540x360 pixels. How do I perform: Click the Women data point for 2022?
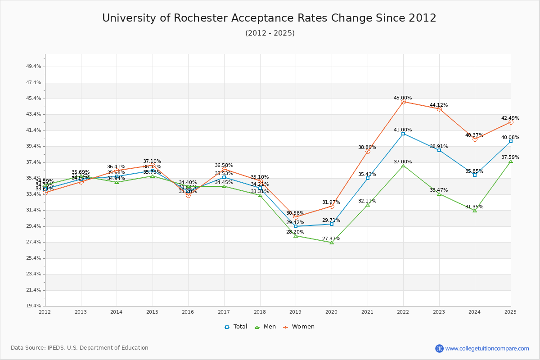pos(403,102)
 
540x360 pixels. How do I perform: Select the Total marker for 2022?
pos(403,134)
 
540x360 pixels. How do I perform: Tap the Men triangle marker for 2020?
pos(332,243)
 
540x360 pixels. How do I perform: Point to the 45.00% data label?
pos(403,98)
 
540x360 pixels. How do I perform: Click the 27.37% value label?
pos(331,238)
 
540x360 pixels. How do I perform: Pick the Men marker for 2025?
pos(511,161)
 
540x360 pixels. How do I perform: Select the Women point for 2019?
pos(296,217)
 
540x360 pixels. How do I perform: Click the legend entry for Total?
pos(236,327)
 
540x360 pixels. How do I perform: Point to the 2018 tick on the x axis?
pos(260,311)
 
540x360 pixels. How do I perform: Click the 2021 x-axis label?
pos(367,311)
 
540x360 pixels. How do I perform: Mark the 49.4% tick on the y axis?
pos(34,66)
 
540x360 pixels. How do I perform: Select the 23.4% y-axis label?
pos(34,274)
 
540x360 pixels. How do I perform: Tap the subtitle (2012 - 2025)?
pos(270,33)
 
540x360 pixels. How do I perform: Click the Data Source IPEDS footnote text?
pos(80,348)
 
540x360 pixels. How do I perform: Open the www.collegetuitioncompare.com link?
pos(487,348)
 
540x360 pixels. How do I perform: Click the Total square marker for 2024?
pos(475,175)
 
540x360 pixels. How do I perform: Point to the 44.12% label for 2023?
pos(439,105)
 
